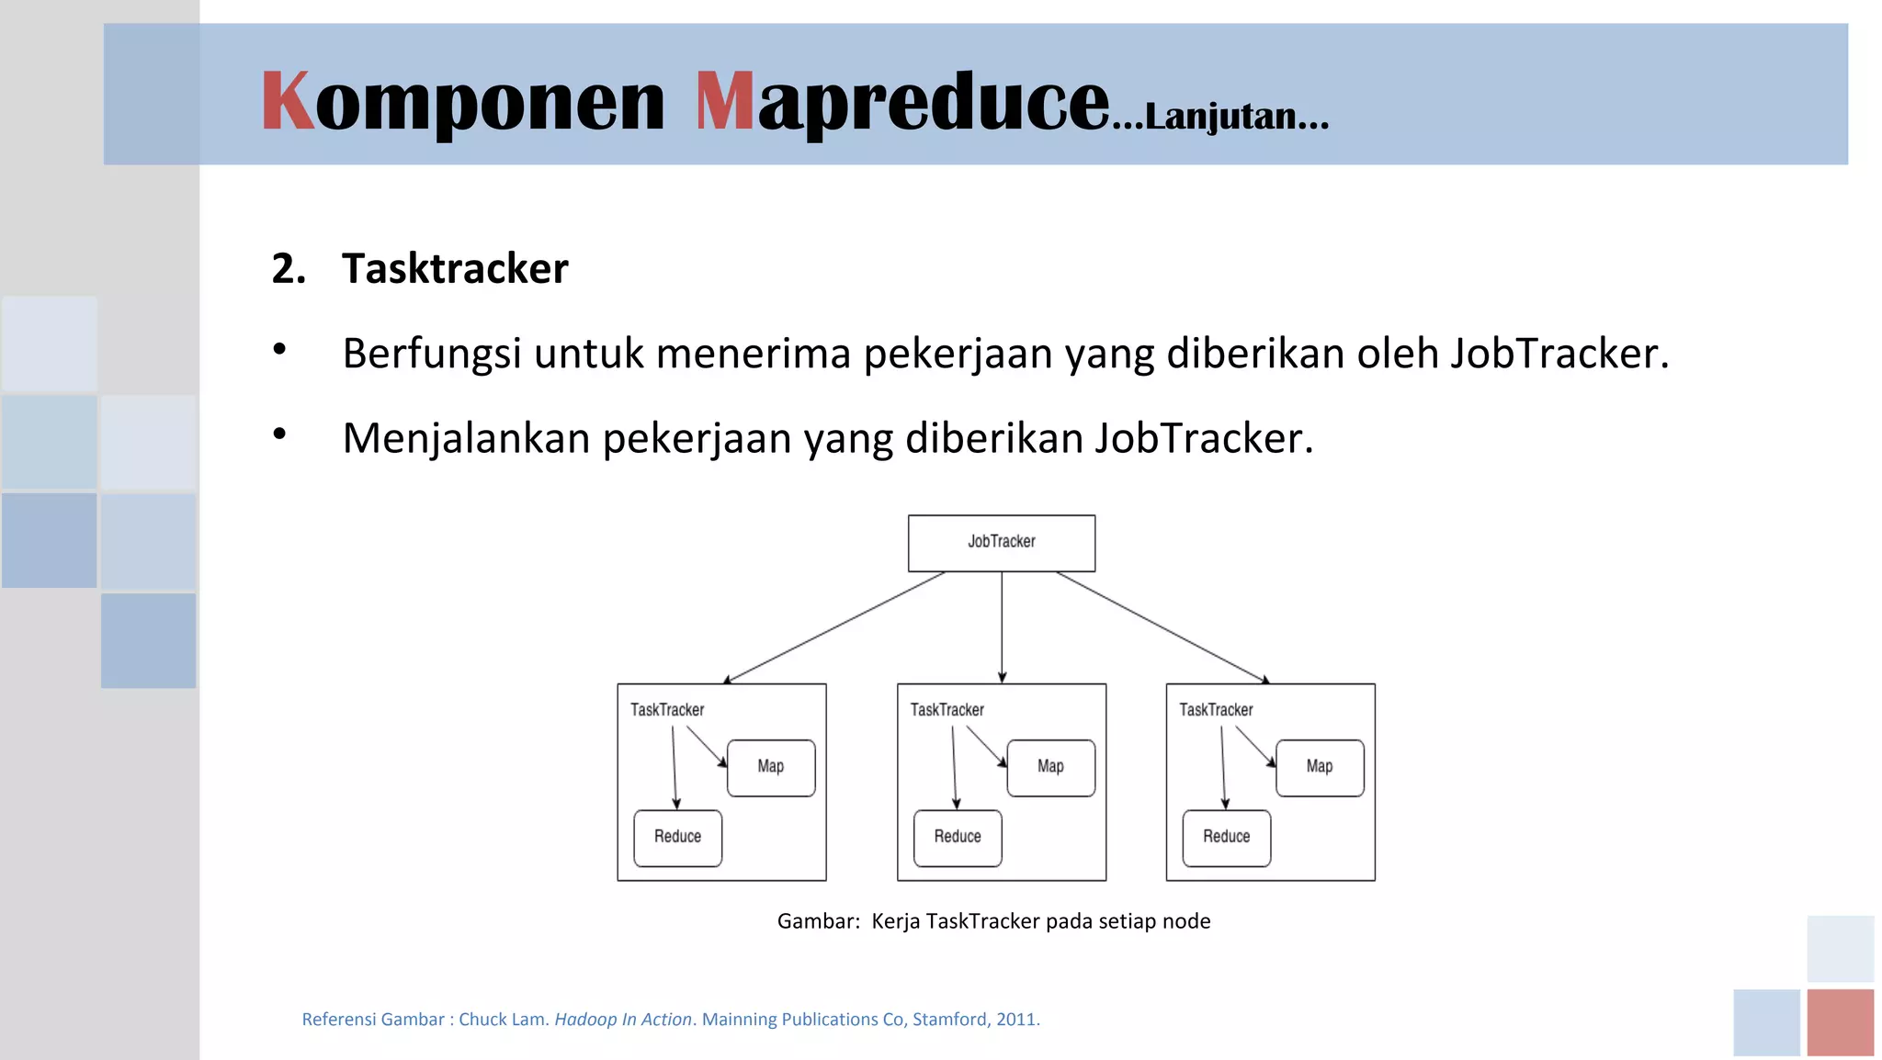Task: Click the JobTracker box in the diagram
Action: click(x=1001, y=543)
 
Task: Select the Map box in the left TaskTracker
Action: click(x=770, y=767)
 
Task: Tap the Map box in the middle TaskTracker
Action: click(x=1050, y=767)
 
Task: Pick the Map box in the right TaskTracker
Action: click(x=1319, y=767)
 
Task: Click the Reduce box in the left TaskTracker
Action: click(x=677, y=837)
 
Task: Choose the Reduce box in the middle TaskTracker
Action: click(x=958, y=837)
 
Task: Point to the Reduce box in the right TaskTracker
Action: click(x=1226, y=837)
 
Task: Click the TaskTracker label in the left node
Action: click(x=667, y=710)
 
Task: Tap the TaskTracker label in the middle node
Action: click(x=947, y=710)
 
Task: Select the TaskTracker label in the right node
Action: click(x=1216, y=710)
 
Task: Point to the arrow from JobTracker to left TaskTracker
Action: click(x=834, y=627)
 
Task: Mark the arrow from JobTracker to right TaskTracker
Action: click(x=1163, y=627)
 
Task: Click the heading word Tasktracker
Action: click(x=455, y=268)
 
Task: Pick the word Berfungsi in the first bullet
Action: click(x=432, y=354)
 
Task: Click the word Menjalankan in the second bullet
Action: click(x=466, y=438)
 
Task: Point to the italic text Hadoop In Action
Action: click(x=622, y=1019)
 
